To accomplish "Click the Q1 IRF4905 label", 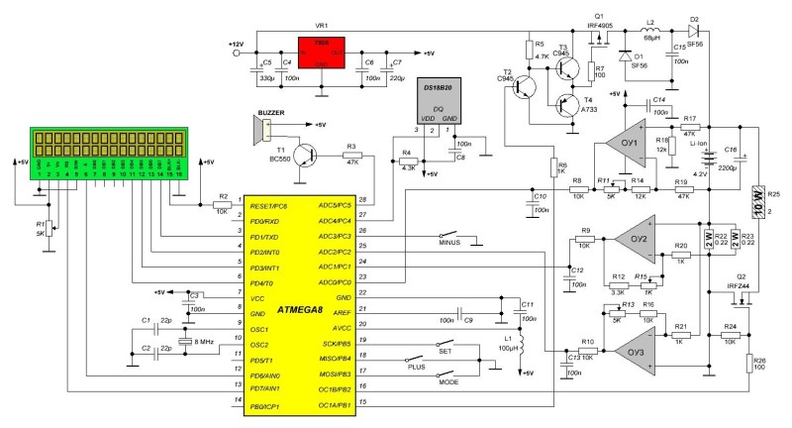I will tap(599, 21).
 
